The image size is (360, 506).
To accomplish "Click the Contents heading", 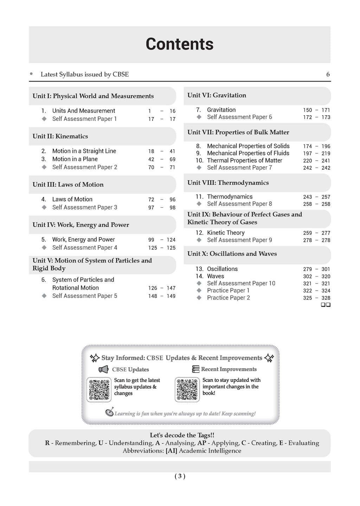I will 179,44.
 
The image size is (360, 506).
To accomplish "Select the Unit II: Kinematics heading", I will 60,136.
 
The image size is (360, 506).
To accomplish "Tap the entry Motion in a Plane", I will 75,159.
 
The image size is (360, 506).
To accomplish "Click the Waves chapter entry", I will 216,276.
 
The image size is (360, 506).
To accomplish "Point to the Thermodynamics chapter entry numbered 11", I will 230,197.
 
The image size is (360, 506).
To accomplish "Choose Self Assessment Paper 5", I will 85,296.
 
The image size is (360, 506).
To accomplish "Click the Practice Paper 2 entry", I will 228,298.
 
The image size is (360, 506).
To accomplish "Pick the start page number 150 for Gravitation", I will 307,110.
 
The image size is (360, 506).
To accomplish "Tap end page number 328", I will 326,298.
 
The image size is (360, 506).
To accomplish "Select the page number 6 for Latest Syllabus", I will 328,74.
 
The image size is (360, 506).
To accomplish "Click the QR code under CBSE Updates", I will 99,389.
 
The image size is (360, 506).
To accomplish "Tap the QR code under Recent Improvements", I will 187,389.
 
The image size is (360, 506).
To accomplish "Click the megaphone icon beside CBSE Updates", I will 103,369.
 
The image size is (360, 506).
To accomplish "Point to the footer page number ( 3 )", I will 180,476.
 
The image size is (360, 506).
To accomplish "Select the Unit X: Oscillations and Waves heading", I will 232,254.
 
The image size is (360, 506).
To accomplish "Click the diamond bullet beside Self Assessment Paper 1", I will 44,119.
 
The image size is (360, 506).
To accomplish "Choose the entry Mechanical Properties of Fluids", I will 248,153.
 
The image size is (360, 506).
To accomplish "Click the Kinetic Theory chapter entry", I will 226,233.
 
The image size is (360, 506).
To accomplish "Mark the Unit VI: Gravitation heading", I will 217,95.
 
